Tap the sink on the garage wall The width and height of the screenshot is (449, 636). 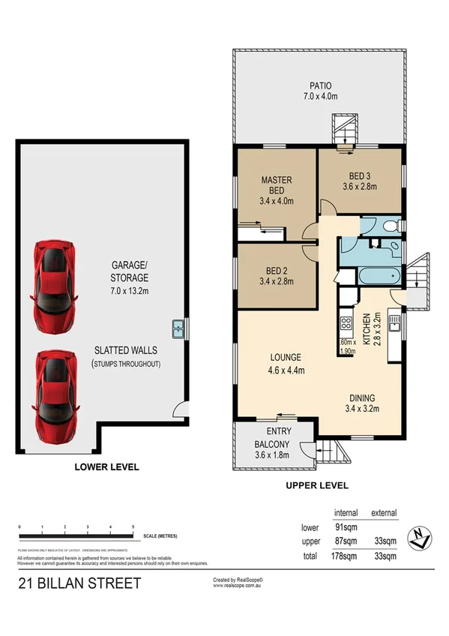coord(178,326)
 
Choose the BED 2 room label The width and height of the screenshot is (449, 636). coord(275,276)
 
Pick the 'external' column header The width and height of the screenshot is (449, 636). coord(384,512)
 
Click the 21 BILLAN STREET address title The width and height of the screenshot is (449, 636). coord(79,583)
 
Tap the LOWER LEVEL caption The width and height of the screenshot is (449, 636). coord(106,466)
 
